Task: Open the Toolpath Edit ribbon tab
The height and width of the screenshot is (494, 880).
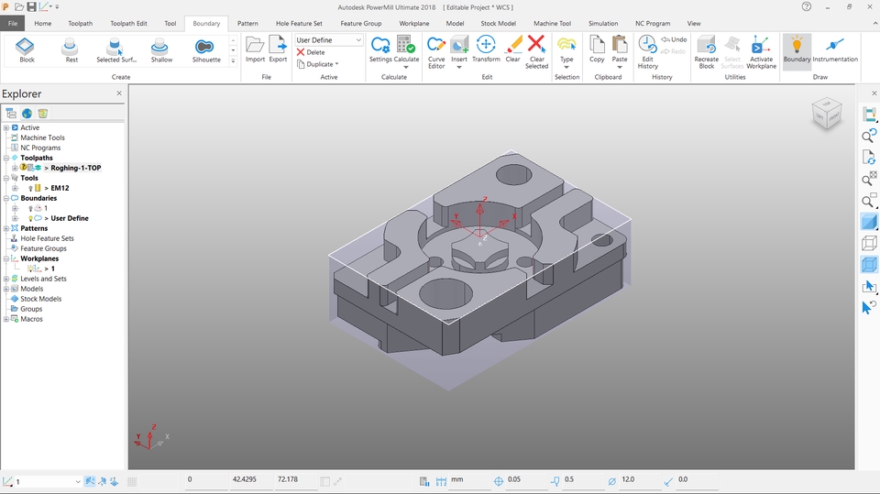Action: [128, 23]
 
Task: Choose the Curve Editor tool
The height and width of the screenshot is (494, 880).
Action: [436, 50]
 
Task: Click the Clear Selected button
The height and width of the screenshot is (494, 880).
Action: [536, 50]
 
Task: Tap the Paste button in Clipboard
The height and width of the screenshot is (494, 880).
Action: [620, 50]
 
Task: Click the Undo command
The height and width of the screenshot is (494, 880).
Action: [674, 40]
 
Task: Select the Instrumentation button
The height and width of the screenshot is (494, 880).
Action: [834, 50]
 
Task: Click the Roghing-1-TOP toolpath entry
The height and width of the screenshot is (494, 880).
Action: [77, 168]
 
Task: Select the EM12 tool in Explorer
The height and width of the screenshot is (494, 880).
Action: [60, 188]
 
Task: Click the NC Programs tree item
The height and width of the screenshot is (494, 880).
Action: [40, 148]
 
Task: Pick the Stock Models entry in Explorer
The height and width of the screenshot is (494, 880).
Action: [41, 299]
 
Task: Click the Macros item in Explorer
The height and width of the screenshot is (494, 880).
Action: [31, 319]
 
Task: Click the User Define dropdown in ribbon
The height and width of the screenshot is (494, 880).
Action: [328, 40]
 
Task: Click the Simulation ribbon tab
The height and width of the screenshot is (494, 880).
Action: [602, 23]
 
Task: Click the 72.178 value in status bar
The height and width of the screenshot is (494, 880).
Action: [287, 479]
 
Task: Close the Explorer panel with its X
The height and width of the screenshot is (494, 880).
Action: [119, 93]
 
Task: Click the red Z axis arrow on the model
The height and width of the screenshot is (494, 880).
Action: [483, 201]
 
